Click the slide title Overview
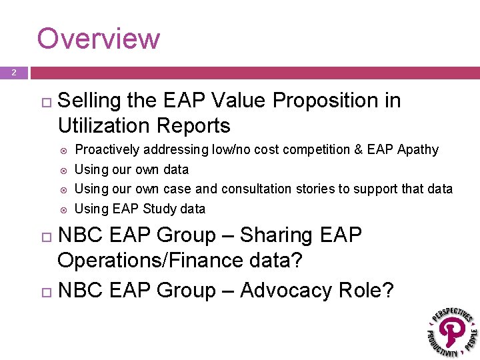click(x=98, y=39)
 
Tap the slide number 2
click(x=13, y=72)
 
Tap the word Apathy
click(x=417, y=150)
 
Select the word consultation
click(x=257, y=189)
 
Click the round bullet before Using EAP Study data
click(x=63, y=209)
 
